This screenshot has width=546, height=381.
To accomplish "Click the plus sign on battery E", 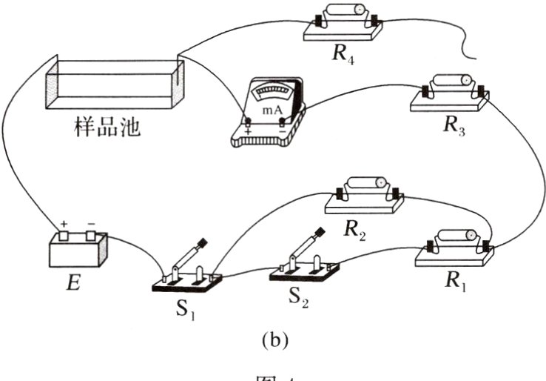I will (x=64, y=223).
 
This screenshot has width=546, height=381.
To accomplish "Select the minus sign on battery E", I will (x=92, y=223).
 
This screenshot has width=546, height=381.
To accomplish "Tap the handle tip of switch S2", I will (x=321, y=232).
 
